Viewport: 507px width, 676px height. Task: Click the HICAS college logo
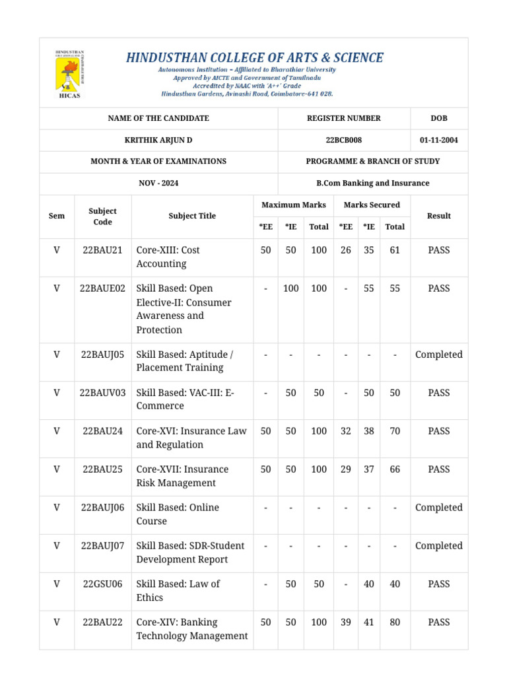(x=69, y=75)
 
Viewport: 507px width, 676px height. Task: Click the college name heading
(x=254, y=57)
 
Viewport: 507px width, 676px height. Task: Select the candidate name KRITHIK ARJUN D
(x=158, y=140)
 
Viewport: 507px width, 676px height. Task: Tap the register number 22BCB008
(x=344, y=140)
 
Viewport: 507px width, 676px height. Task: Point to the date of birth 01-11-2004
(x=438, y=140)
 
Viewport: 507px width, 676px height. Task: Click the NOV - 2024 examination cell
(x=158, y=183)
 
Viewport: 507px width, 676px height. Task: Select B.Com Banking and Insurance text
(x=373, y=183)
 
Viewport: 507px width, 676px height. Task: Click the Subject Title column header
(x=192, y=216)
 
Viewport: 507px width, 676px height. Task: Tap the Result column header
(x=438, y=216)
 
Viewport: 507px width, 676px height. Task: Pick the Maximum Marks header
(x=294, y=205)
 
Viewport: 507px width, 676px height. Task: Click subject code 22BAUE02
(x=102, y=288)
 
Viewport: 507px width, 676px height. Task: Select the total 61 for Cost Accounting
(x=395, y=250)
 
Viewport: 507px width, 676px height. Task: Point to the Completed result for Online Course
(x=438, y=508)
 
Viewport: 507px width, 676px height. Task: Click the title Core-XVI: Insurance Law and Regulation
(x=191, y=438)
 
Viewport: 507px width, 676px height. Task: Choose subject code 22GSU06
(x=102, y=584)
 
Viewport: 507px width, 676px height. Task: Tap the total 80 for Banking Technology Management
(x=395, y=623)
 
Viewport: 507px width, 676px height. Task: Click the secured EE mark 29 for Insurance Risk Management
(x=345, y=469)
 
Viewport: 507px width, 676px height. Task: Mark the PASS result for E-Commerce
(x=438, y=393)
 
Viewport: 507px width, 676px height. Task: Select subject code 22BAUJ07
(x=102, y=546)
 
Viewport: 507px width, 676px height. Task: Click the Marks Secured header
(x=372, y=205)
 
